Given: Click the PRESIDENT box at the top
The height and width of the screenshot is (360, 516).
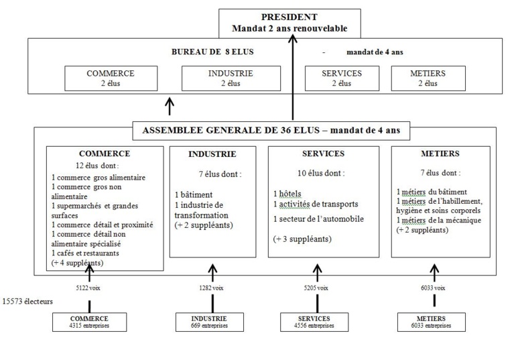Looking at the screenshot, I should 289,23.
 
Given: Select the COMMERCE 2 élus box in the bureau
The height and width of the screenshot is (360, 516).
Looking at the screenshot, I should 111,78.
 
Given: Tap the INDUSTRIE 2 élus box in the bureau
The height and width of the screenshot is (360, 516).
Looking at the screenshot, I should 224,78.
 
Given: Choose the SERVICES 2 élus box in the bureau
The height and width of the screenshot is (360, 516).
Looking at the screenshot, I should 341,78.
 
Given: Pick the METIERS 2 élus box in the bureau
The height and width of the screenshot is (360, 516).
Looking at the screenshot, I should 428,78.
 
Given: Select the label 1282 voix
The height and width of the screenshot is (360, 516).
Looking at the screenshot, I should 211,288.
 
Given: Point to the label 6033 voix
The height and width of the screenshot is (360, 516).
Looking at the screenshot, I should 432,288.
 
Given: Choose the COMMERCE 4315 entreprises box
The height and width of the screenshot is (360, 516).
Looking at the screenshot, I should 89,321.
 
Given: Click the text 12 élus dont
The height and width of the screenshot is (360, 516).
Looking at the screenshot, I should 98,166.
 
